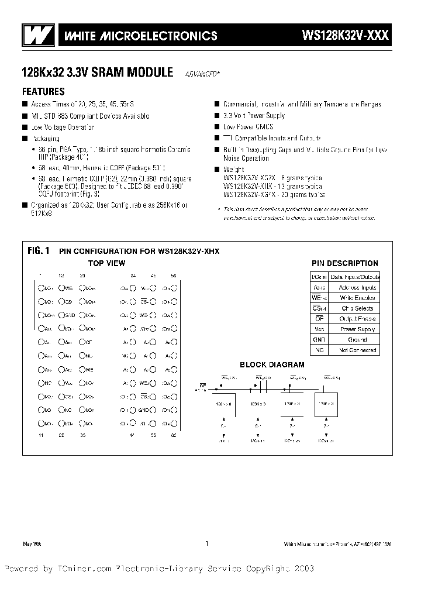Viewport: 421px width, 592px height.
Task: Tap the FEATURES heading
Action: tap(43, 92)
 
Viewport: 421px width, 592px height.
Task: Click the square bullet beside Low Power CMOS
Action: tap(217, 127)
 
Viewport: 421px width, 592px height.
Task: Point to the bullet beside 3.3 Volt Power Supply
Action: tap(217, 116)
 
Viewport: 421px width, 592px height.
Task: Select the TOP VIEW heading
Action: tap(106, 263)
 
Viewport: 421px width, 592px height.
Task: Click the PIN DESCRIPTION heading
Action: tap(344, 263)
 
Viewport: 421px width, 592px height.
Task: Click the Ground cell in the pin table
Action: tap(354, 339)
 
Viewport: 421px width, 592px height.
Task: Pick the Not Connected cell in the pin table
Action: tap(354, 350)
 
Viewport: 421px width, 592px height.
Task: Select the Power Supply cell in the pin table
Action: tap(354, 329)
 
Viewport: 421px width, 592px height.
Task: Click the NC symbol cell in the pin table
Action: tap(319, 350)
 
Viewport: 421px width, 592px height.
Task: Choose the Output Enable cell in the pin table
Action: tap(354, 318)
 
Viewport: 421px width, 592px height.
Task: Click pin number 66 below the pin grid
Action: tap(173, 435)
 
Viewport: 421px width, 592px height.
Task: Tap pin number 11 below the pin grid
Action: tap(40, 435)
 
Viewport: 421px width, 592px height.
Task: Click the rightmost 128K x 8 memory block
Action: tap(322, 403)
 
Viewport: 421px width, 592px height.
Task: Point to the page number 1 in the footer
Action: tap(206, 543)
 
